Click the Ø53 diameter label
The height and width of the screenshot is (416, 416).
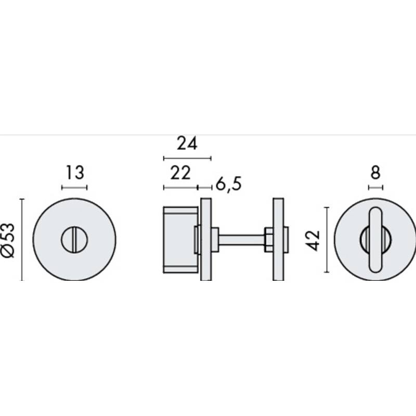pos(7,240)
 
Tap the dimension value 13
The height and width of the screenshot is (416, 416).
pos(74,173)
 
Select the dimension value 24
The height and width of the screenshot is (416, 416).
pos(187,144)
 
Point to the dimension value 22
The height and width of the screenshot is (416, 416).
pos(180,173)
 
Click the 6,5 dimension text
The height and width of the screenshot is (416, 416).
pos(228,184)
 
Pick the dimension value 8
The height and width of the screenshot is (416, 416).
pos(375,173)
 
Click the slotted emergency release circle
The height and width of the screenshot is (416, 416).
pos(74,240)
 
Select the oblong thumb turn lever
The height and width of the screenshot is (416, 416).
pos(375,240)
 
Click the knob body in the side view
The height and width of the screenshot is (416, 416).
pos(180,240)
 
